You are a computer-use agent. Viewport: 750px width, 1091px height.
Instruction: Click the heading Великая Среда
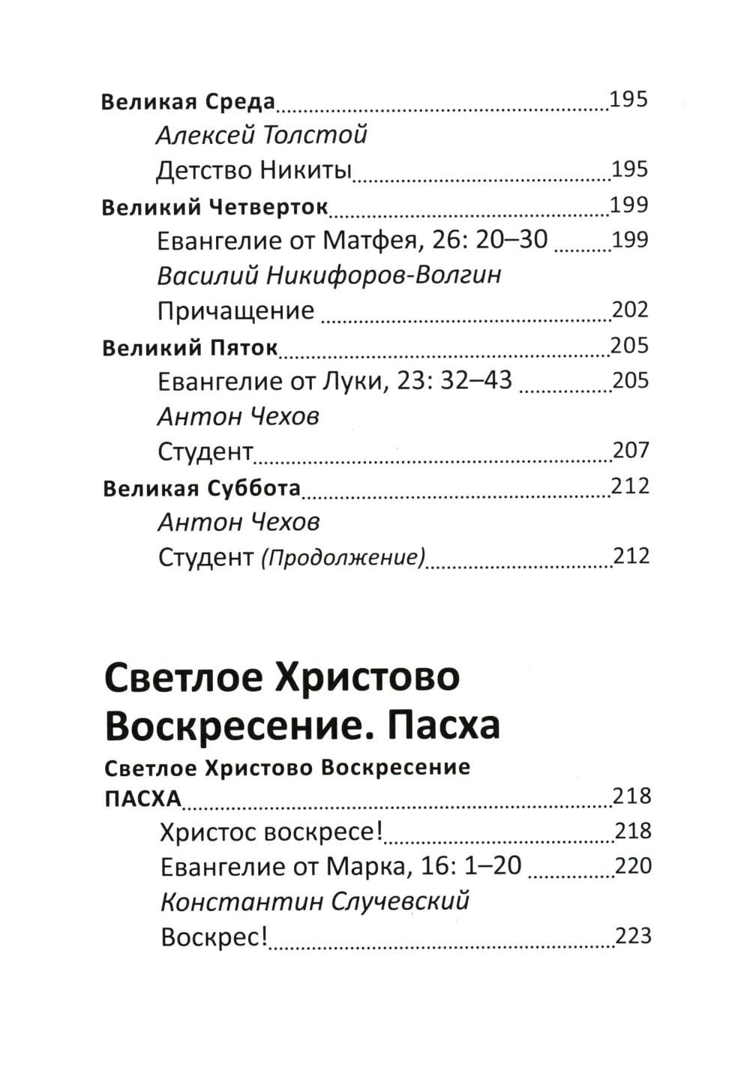[x=188, y=101]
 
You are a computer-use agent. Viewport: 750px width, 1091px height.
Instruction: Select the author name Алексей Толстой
[x=261, y=136]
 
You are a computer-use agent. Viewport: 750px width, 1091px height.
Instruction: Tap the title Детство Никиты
[x=253, y=171]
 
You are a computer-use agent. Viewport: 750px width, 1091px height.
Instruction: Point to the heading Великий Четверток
[x=214, y=207]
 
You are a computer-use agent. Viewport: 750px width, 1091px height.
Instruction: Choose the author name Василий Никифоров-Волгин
[x=329, y=276]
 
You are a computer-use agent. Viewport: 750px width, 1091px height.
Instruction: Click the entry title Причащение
[x=235, y=310]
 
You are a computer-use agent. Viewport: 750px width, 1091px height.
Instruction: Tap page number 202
[x=629, y=310]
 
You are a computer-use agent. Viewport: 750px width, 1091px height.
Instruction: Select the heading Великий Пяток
[x=190, y=347]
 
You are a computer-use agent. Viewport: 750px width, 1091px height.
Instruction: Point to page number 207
[x=631, y=451]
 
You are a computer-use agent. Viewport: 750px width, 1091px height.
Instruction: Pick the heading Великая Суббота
[x=201, y=489]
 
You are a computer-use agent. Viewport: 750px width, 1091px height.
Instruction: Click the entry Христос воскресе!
[x=271, y=832]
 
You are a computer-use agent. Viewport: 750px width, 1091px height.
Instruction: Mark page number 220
[x=633, y=867]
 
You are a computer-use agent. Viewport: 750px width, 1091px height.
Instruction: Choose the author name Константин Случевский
[x=315, y=901]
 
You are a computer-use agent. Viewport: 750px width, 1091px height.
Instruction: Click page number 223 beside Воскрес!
[x=633, y=937]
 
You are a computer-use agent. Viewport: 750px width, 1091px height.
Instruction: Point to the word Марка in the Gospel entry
[x=365, y=867]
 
